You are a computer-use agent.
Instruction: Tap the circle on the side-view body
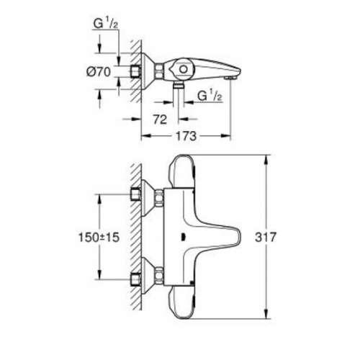[x=181, y=69]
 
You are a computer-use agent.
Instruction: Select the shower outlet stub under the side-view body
[x=178, y=85]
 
